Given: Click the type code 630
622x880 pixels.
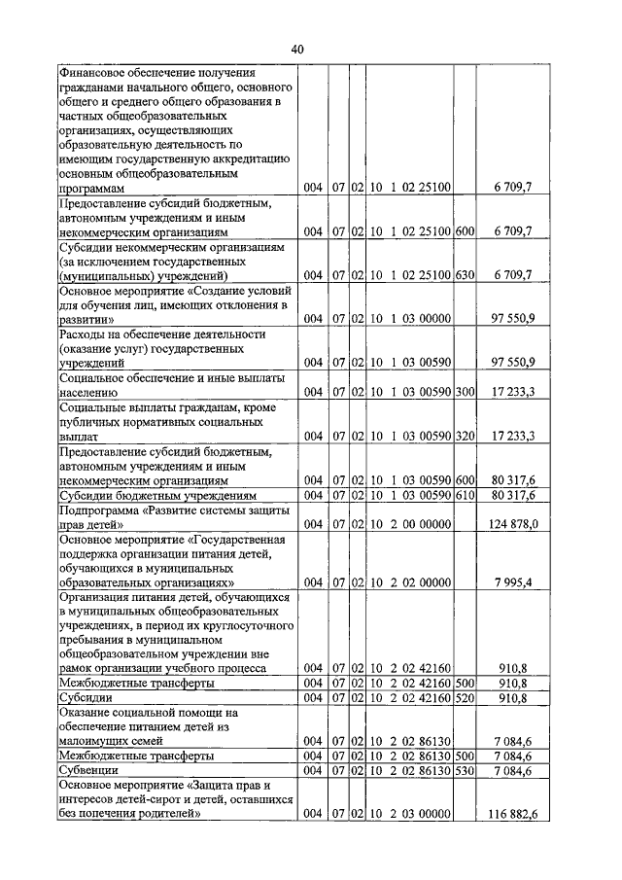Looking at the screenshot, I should [x=464, y=275].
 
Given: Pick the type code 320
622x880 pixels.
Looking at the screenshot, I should [x=464, y=437].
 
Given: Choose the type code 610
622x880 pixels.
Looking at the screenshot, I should [x=464, y=495].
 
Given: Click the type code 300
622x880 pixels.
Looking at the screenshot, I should [x=464, y=392].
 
